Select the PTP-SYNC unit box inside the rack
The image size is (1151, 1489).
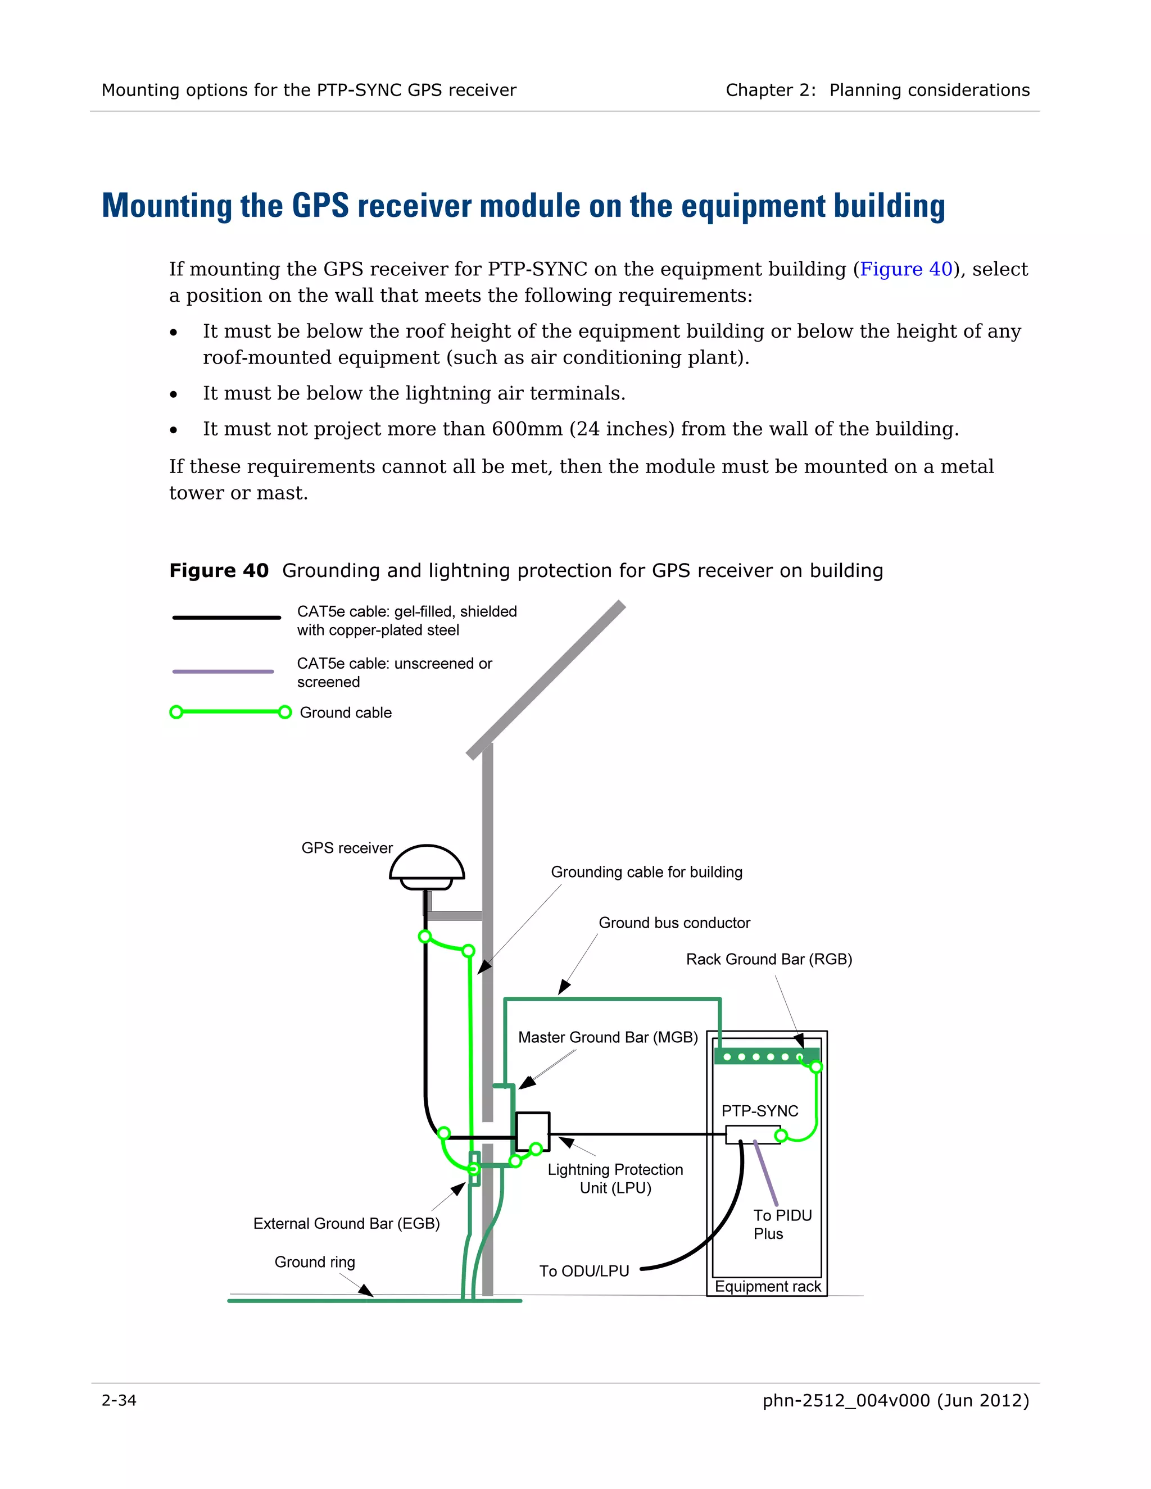pyautogui.click(x=752, y=1134)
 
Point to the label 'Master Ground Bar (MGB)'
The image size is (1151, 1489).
pyautogui.click(x=608, y=1038)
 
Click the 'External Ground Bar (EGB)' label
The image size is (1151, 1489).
pyautogui.click(x=346, y=1224)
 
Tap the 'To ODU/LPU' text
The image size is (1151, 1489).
pyautogui.click(x=584, y=1272)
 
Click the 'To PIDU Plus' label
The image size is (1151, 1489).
pyautogui.click(x=782, y=1224)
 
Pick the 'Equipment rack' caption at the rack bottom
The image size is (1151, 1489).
pyautogui.click(x=768, y=1287)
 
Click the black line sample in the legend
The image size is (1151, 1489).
pyautogui.click(x=226, y=618)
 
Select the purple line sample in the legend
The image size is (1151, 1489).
pyautogui.click(x=223, y=671)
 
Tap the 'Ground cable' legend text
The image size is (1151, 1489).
pyautogui.click(x=346, y=712)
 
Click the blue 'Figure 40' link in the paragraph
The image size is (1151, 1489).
pyautogui.click(x=905, y=269)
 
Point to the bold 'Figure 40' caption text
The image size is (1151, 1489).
pyautogui.click(x=219, y=571)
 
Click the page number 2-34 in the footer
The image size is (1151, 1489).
pyautogui.click(x=119, y=1400)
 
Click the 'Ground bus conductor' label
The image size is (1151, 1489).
pyautogui.click(x=674, y=923)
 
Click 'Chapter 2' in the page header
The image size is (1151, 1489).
pyautogui.click(x=769, y=90)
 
